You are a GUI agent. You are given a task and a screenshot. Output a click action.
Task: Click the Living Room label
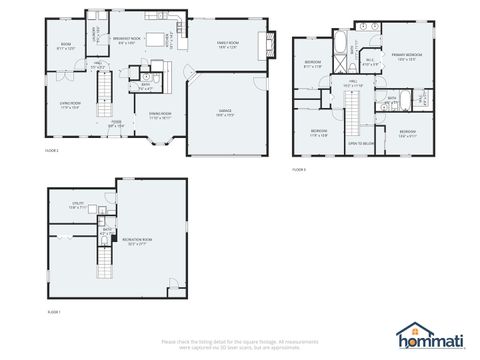click(69, 104)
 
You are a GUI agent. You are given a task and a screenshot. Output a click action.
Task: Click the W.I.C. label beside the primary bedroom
click(370, 60)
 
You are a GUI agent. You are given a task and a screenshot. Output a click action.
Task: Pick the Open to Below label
click(361, 144)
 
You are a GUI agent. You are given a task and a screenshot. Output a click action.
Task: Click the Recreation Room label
click(139, 240)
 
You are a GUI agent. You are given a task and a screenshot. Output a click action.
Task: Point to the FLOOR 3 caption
click(299, 170)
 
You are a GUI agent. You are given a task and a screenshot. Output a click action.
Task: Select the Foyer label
click(116, 123)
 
